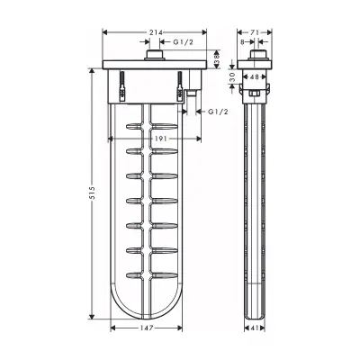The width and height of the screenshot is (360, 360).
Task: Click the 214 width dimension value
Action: [155, 32]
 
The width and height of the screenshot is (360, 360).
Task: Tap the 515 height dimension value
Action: [92, 193]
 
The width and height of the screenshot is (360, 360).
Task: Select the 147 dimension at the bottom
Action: [147, 328]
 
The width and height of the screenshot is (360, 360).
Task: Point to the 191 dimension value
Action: [161, 139]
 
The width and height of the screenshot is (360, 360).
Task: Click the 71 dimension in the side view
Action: [254, 32]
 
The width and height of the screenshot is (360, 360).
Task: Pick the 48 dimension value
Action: [254, 77]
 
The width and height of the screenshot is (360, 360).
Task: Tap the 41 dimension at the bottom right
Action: [255, 328]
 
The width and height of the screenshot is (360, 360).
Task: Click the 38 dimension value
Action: [217, 58]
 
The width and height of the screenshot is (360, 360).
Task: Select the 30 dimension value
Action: [232, 76]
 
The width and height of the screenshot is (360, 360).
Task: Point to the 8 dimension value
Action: [242, 42]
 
